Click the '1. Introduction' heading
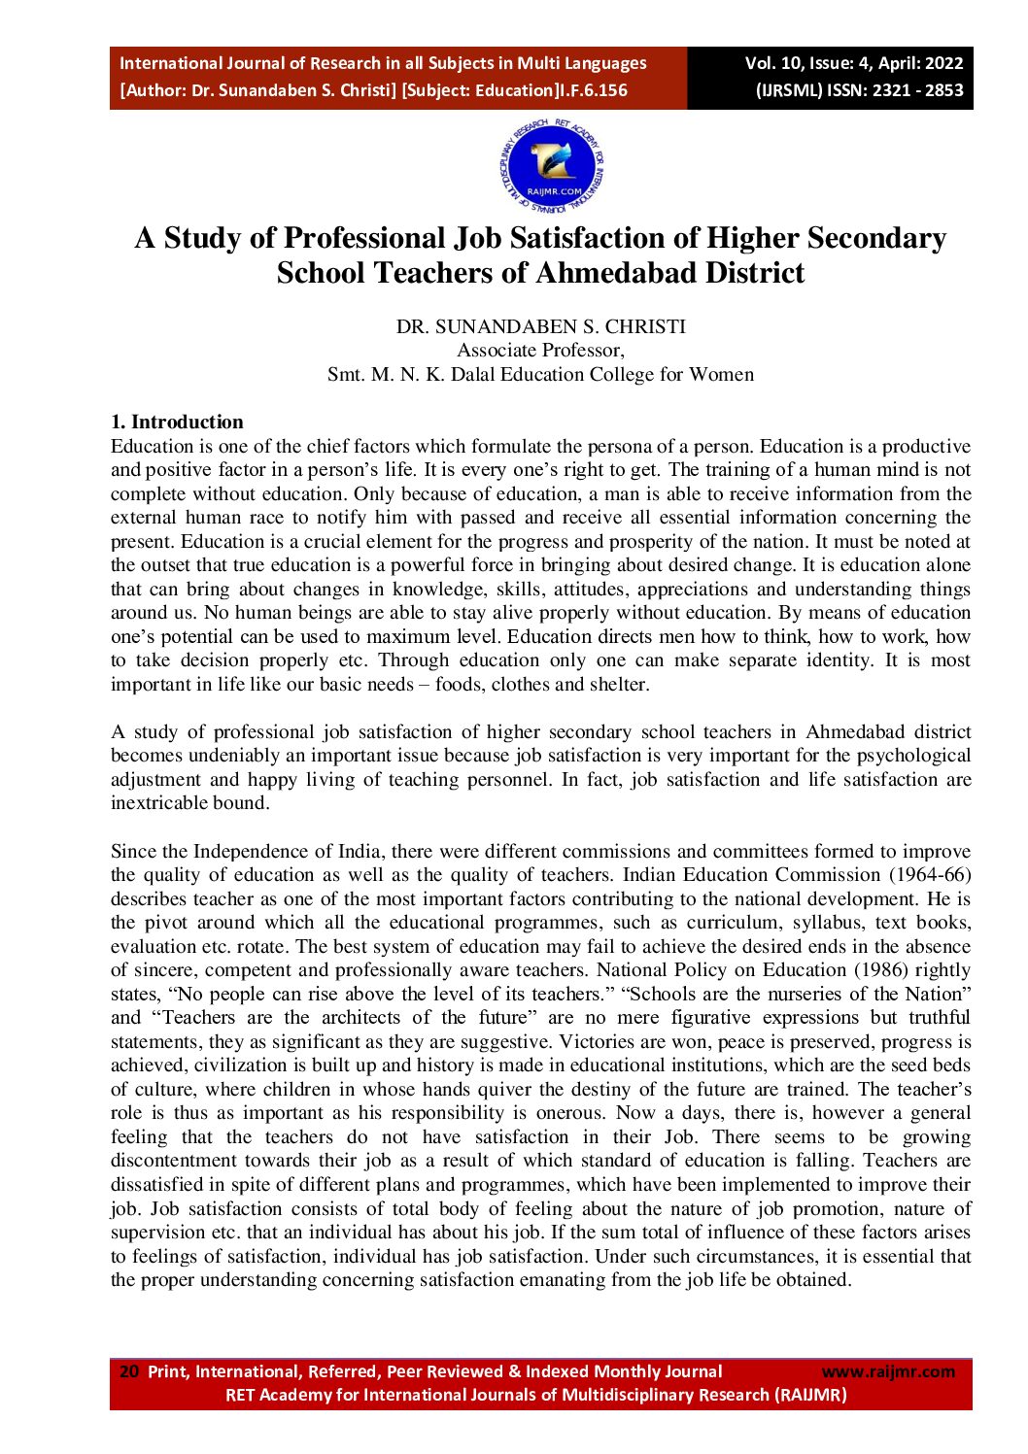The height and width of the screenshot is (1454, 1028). coord(177,422)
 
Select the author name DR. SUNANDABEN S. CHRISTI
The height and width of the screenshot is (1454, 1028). coord(540,326)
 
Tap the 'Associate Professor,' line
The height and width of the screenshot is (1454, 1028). coord(540,351)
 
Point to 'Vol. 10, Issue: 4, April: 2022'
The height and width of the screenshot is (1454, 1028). coord(853,63)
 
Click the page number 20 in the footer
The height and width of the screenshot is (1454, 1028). coord(128,1371)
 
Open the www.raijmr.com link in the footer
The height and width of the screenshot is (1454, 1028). coord(888,1371)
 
